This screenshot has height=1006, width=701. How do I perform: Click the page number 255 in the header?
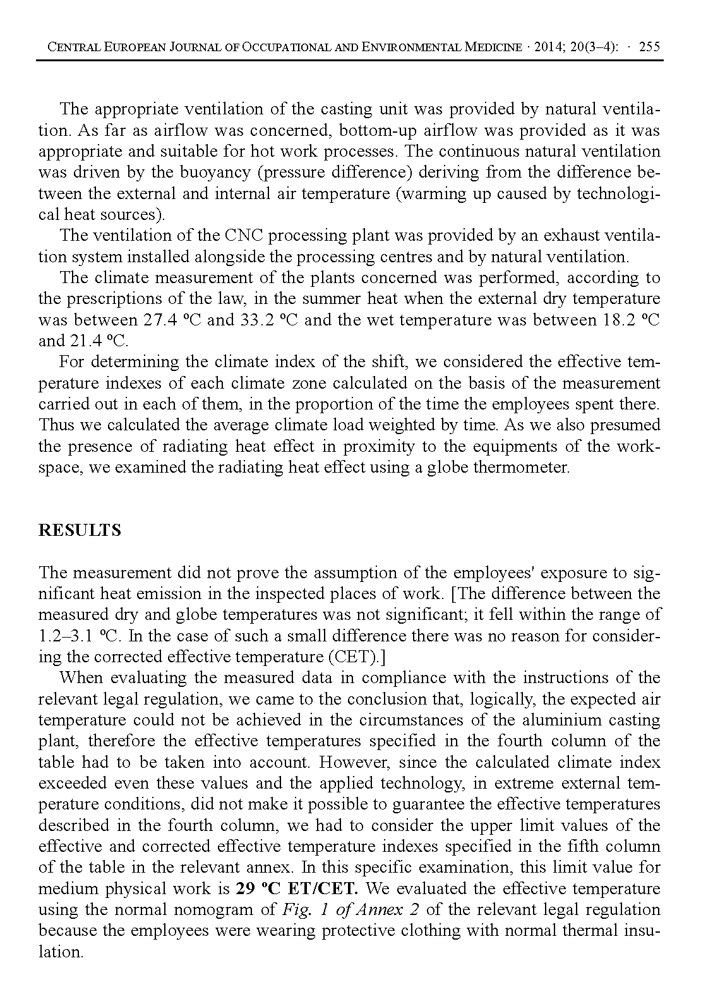coord(650,47)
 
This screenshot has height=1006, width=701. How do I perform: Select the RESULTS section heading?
coord(80,530)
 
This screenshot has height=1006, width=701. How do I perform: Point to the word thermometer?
coord(521,468)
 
